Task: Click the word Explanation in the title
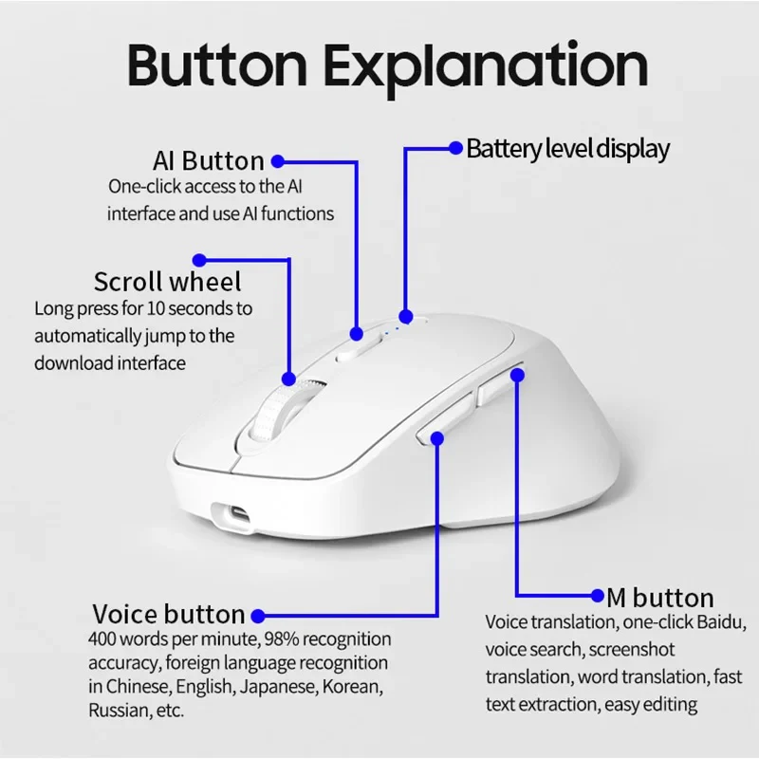click(486, 67)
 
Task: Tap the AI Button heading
click(209, 160)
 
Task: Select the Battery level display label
click(567, 149)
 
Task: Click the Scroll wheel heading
click(168, 281)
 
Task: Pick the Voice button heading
click(169, 614)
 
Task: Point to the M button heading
click(660, 598)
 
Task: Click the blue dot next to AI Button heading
click(278, 161)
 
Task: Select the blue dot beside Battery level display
click(456, 148)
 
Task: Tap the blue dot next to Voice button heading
click(258, 616)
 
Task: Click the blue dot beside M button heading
click(598, 596)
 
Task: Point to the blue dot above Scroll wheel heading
click(199, 260)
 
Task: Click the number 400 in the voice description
click(102, 639)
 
